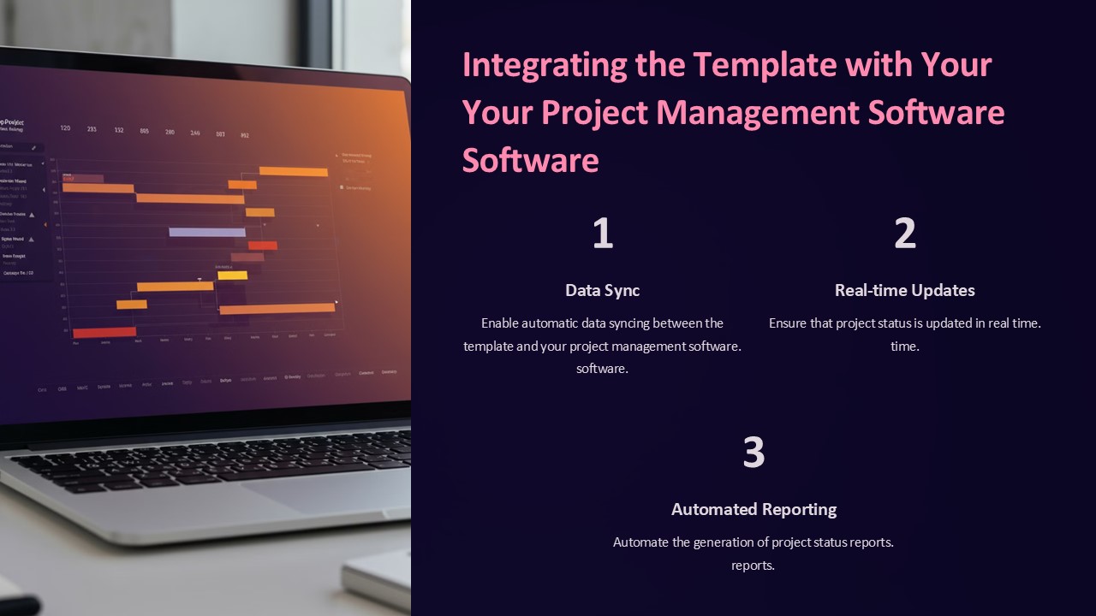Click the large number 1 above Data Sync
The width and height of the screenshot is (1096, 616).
(x=603, y=234)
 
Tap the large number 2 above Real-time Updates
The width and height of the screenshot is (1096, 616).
(x=905, y=234)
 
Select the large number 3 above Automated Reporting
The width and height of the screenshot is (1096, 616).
(x=753, y=453)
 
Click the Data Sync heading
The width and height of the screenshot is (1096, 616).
(x=603, y=290)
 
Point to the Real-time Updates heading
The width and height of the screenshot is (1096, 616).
(x=905, y=290)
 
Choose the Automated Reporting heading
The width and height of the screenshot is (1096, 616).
(x=753, y=509)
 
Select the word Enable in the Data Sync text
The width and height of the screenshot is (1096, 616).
(x=499, y=323)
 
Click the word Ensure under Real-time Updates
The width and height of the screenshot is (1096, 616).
(x=789, y=323)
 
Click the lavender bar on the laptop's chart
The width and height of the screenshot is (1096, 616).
(x=206, y=232)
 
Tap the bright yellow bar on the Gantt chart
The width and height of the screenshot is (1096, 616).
(x=232, y=275)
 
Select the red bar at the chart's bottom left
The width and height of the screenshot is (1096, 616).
(x=104, y=332)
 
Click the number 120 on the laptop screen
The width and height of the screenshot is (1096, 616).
(x=66, y=128)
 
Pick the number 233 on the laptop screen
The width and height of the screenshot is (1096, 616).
(x=92, y=129)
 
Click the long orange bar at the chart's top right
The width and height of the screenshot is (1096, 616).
(x=293, y=171)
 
